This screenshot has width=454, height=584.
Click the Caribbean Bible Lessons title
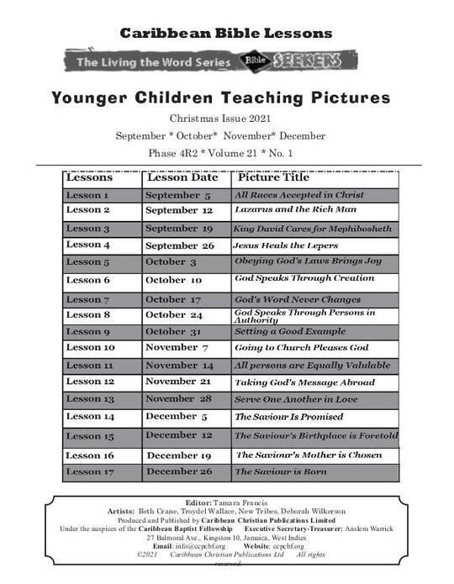tap(225, 34)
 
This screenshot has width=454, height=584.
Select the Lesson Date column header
tap(182, 178)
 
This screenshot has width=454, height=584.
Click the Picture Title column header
tap(273, 178)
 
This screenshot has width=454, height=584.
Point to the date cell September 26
tap(179, 245)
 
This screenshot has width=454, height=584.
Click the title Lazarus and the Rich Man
tap(284, 209)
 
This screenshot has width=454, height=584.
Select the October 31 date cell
tap(173, 332)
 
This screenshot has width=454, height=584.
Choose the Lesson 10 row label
tap(90, 348)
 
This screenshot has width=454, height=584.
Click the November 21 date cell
tap(178, 381)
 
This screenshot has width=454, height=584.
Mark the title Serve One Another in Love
tap(296, 399)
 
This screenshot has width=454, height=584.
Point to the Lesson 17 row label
tap(90, 472)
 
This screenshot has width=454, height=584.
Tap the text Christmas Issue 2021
tap(225, 118)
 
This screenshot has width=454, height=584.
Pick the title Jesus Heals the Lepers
tap(286, 245)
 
